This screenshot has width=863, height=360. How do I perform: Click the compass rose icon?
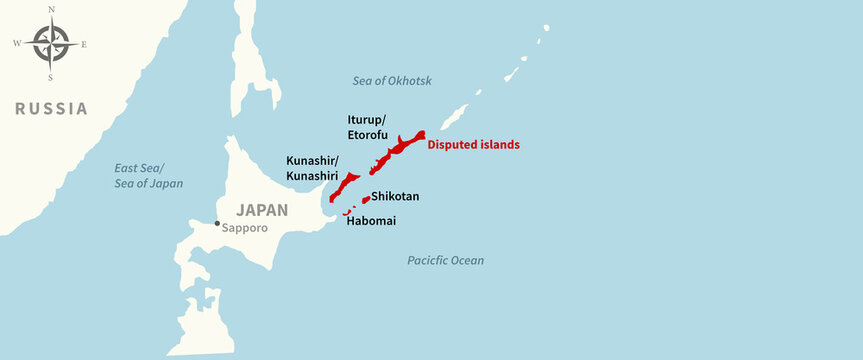tap(51, 43)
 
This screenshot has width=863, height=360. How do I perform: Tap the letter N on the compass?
tap(51, 9)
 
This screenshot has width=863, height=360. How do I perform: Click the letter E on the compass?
tap(84, 44)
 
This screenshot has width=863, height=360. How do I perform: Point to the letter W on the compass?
tap(17, 44)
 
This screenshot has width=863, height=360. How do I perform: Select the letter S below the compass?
tap(51, 77)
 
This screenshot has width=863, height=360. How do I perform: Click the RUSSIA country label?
tap(51, 109)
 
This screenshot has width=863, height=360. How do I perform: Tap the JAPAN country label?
tap(261, 211)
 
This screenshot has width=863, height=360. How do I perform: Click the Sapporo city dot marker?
tap(217, 223)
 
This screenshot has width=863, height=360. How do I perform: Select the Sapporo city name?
tap(246, 228)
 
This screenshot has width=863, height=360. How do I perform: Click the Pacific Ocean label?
tap(445, 261)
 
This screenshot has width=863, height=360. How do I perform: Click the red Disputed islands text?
tap(473, 145)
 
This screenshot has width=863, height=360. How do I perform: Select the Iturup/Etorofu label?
tap(367, 126)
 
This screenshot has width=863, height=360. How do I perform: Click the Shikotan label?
tap(395, 197)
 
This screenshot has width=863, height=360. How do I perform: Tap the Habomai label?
tap(370, 221)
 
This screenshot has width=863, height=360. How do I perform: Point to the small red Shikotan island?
tap(365, 199)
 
